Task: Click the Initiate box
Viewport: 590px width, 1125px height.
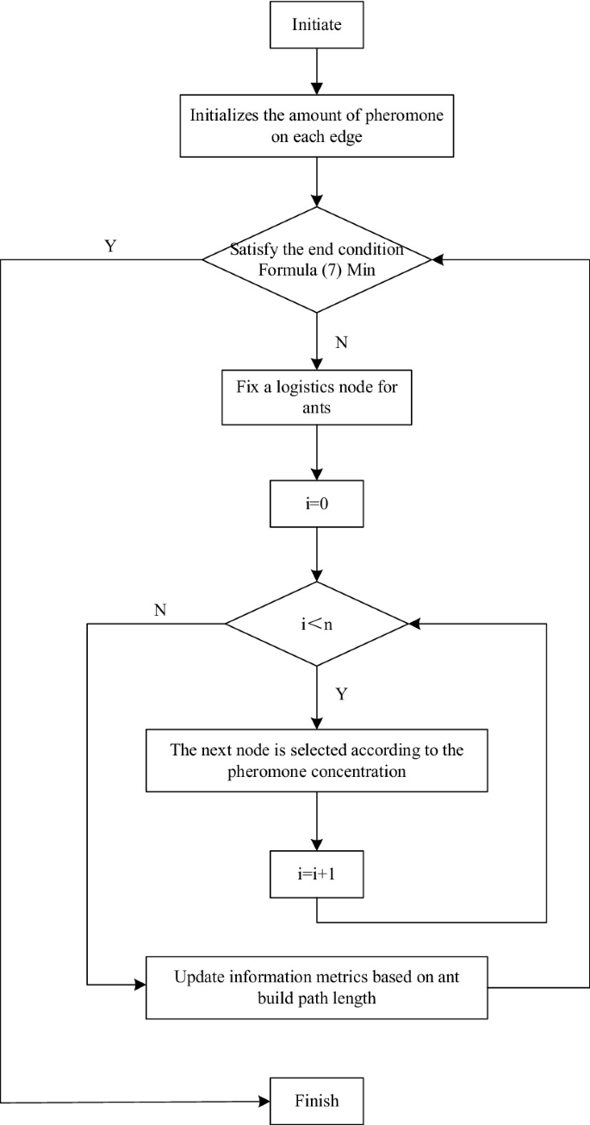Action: tap(316, 25)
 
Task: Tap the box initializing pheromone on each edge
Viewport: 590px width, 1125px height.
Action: tap(316, 127)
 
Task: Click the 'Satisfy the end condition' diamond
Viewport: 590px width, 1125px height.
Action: tap(316, 258)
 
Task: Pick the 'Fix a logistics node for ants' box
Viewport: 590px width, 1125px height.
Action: tap(316, 399)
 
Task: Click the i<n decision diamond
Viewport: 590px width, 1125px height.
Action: tap(316, 622)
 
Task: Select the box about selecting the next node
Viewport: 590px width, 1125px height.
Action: tap(316, 761)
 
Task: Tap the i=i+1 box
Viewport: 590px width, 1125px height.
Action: tap(316, 874)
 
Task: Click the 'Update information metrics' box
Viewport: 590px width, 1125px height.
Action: tap(316, 986)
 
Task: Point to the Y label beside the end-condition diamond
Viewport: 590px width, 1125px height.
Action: tap(109, 245)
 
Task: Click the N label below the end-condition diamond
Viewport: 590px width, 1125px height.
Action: tap(341, 342)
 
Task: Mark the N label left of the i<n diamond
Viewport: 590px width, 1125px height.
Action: tap(160, 609)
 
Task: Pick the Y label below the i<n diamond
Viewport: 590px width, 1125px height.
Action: tap(341, 694)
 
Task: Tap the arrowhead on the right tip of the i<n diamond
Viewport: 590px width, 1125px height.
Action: tap(414, 622)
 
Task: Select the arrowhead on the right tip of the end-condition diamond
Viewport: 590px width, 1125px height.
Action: tap(438, 258)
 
